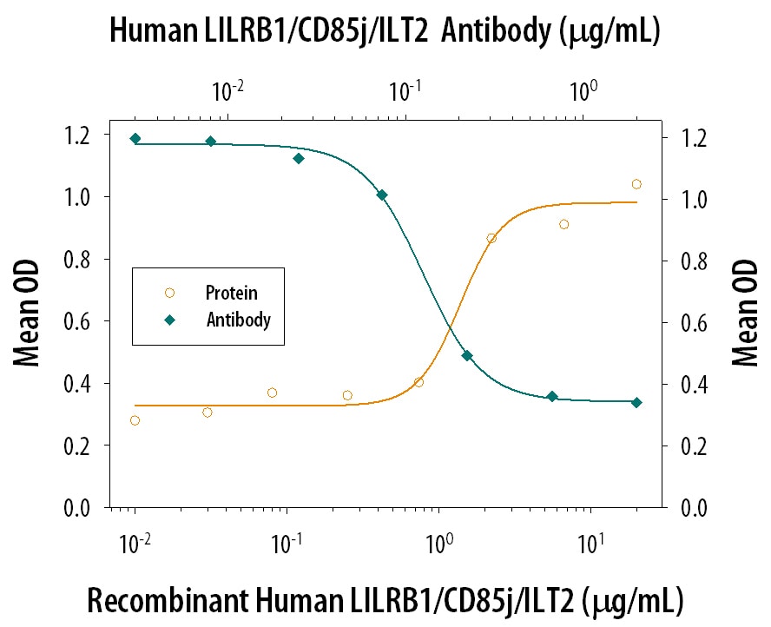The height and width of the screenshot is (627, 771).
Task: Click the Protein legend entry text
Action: [x=231, y=293]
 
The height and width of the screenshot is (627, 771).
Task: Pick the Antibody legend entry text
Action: [x=239, y=320]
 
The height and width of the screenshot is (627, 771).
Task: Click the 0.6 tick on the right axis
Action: [x=686, y=322]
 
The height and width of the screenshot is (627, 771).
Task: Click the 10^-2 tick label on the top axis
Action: [x=227, y=89]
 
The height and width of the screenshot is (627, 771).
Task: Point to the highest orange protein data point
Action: [x=636, y=184]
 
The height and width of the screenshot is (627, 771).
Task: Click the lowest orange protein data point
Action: [x=135, y=420]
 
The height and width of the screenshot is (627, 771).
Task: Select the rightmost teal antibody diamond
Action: [x=636, y=402]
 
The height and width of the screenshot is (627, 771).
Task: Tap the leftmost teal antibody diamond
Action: [x=135, y=138]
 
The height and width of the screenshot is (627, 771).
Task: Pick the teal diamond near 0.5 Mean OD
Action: [x=466, y=355]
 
